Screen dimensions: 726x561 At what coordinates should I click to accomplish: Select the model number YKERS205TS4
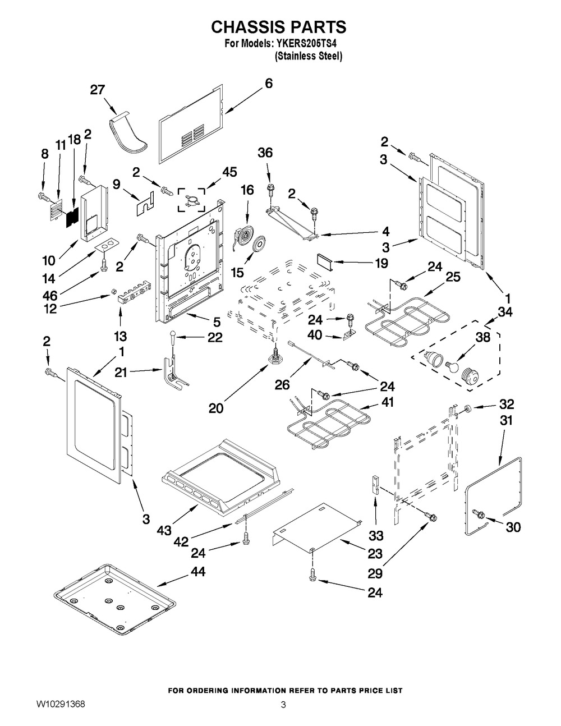(309, 43)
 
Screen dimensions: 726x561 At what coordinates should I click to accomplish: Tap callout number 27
(98, 90)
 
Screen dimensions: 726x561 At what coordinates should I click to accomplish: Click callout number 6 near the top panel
(269, 83)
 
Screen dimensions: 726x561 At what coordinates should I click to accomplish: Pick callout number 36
(265, 153)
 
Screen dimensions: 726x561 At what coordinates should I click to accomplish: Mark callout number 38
(483, 338)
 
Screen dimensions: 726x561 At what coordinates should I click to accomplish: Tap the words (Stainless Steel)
(308, 57)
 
